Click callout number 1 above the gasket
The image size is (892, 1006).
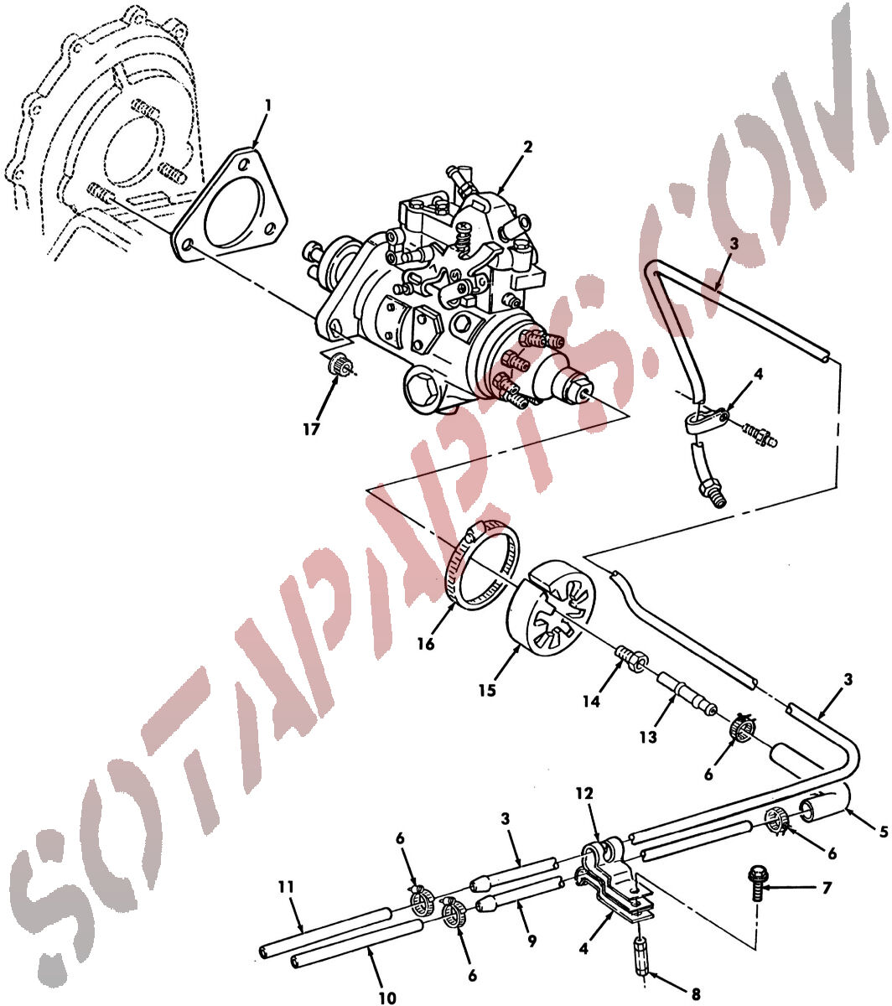coord(267,106)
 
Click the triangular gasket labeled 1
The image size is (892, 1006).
coord(230,205)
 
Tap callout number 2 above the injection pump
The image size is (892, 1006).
coord(527,147)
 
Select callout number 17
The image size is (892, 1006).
coord(311,429)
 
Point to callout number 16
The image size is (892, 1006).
coord(426,644)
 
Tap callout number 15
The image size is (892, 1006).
coord(488,690)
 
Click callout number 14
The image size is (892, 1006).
coord(592,701)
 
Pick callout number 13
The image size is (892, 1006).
coord(648,737)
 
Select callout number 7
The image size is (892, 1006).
coord(826,888)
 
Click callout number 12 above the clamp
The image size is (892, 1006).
coord(584,793)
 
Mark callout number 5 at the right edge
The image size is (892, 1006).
coord(884,832)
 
